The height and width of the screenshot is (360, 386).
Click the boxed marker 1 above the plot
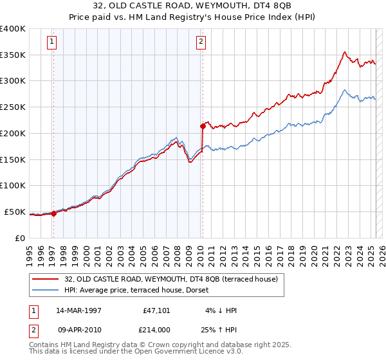click(51, 42)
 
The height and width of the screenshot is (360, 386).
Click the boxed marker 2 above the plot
click(201, 42)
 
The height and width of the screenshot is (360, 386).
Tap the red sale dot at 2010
click(203, 126)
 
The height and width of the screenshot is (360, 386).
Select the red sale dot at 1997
click(54, 214)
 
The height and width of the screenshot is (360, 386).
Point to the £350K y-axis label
click(13, 55)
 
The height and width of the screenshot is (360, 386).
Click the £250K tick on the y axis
click(13, 107)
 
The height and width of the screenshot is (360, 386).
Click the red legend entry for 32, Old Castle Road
click(170, 279)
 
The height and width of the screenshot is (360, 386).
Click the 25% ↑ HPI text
click(219, 328)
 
